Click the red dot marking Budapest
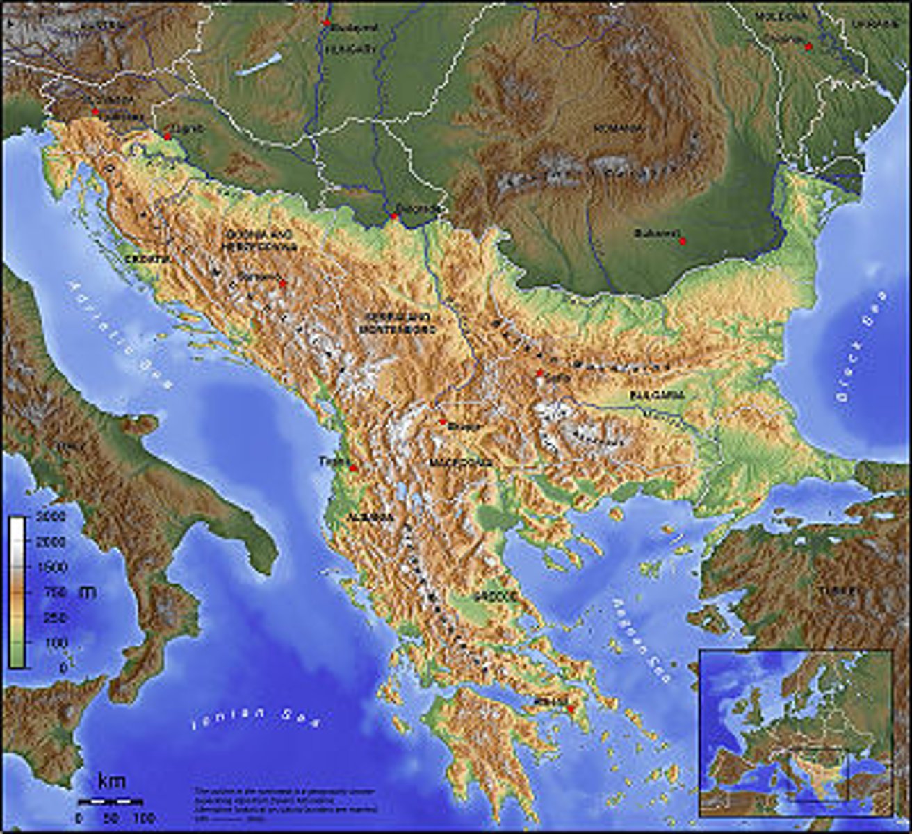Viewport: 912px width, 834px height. (326, 23)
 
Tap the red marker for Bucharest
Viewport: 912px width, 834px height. (683, 241)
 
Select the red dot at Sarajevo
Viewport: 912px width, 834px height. (282, 284)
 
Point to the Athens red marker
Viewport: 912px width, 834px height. (570, 709)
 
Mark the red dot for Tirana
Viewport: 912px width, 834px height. (353, 468)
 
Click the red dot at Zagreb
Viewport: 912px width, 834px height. (168, 136)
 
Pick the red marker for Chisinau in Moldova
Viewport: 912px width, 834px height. (808, 47)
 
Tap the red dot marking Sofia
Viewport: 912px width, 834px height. (539, 374)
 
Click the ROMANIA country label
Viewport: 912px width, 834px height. (617, 129)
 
